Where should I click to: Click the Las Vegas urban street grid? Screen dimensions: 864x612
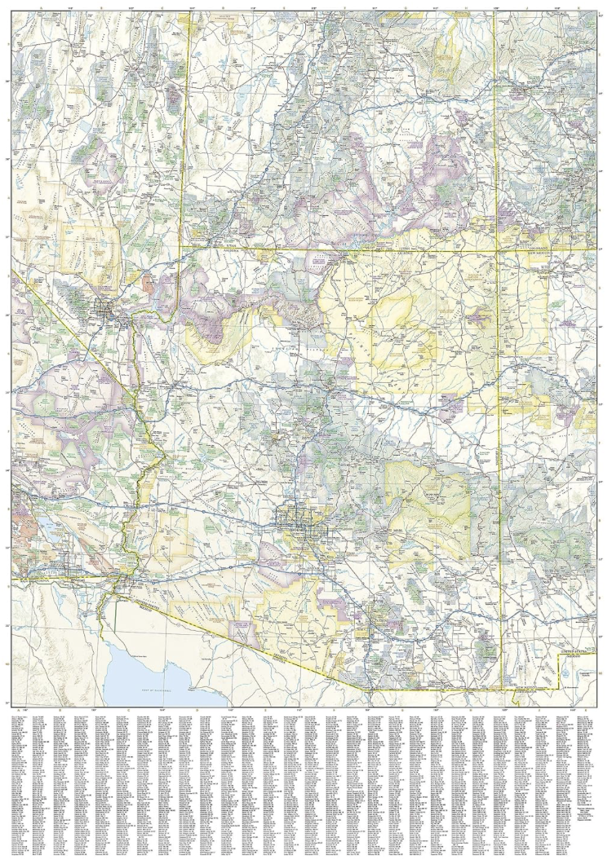tap(107, 308)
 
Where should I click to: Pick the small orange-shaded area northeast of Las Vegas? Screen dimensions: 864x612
tap(149, 284)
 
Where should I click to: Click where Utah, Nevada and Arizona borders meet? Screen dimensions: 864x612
tap(181, 246)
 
